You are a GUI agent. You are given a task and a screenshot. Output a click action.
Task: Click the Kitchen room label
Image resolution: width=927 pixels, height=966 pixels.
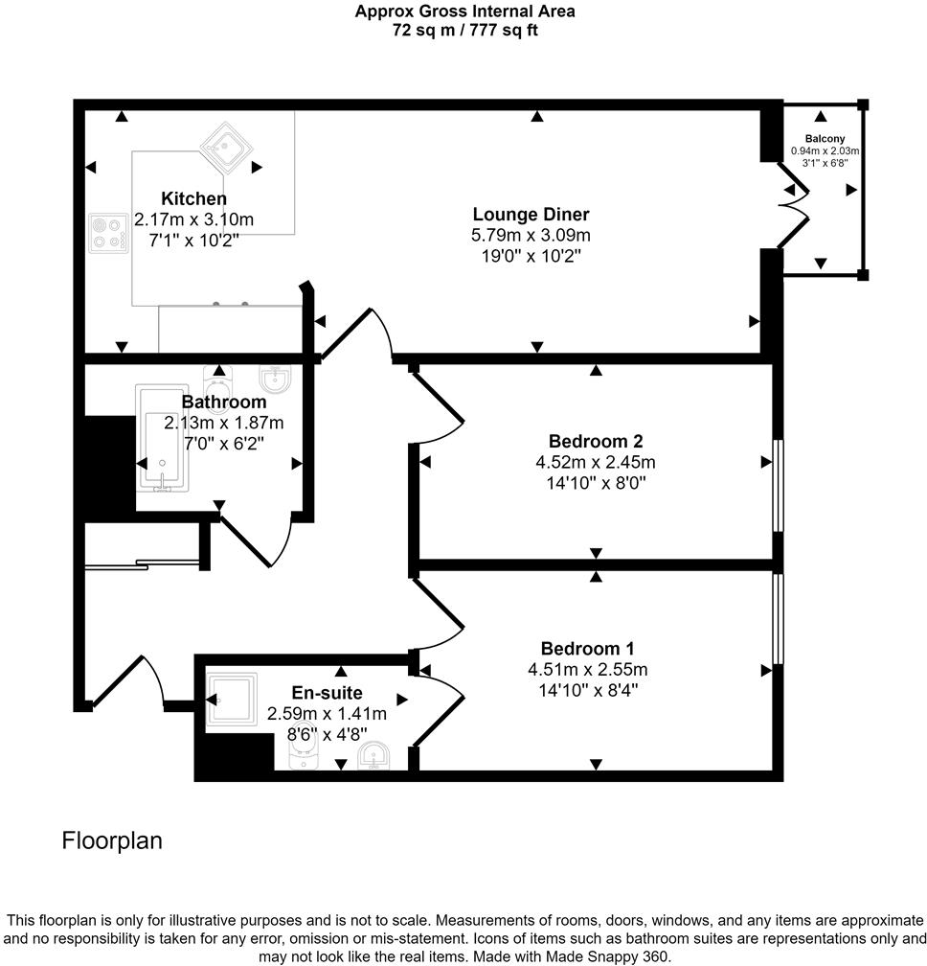click(x=194, y=199)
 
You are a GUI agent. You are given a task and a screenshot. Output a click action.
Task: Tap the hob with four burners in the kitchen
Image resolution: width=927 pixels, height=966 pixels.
click(x=107, y=233)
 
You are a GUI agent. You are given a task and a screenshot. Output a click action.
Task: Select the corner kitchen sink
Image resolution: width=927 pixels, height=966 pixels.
click(x=225, y=147)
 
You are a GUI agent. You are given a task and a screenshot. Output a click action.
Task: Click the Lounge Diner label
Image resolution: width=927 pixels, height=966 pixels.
click(x=531, y=214)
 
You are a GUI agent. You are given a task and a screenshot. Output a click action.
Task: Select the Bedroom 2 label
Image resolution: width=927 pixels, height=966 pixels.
click(x=595, y=442)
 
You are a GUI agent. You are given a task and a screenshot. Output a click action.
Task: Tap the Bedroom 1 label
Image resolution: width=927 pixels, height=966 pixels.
click(x=587, y=649)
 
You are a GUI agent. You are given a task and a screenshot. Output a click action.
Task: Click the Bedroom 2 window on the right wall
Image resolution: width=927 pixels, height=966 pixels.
click(x=779, y=485)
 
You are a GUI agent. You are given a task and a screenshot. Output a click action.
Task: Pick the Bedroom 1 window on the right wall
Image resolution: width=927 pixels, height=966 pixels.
click(x=779, y=619)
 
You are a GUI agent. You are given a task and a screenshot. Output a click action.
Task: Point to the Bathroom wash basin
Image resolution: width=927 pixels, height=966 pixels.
click(x=275, y=379)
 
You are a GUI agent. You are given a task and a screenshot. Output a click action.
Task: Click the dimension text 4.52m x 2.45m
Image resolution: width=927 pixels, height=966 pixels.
click(x=595, y=462)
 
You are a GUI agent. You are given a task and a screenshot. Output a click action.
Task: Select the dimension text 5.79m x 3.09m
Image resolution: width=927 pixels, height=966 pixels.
click(x=531, y=235)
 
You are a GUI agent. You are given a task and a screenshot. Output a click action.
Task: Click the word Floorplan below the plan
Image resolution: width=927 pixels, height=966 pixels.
click(x=112, y=841)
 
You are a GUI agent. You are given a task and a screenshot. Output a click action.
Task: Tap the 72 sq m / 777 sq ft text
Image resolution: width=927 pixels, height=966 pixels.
click(x=464, y=30)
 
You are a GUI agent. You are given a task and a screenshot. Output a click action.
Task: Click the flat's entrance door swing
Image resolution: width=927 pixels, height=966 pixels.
click(x=144, y=680)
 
